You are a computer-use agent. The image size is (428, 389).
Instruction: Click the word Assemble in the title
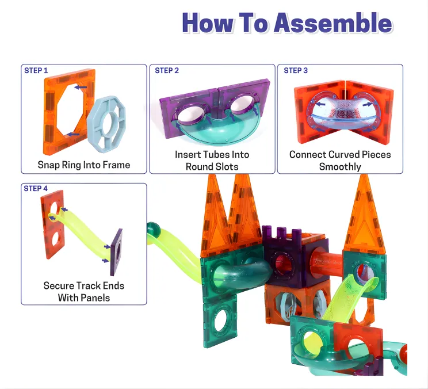click(333, 22)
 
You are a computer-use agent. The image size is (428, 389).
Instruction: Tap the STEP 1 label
click(36, 70)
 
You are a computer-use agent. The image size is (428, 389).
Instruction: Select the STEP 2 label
click(167, 70)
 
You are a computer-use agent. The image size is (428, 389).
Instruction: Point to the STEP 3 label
click(296, 70)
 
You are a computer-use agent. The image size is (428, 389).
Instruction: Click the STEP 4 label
click(36, 188)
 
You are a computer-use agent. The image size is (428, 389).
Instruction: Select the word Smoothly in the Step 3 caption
click(340, 166)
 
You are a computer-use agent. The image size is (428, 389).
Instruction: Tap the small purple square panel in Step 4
click(117, 252)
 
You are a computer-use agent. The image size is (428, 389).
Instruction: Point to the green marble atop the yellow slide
click(153, 228)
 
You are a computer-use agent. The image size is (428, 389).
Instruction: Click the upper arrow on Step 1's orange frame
click(81, 87)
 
